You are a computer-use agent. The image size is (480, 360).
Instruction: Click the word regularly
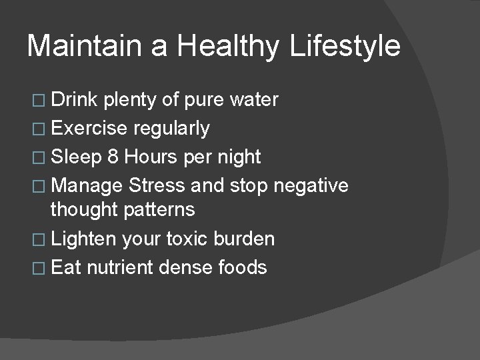coord(172,129)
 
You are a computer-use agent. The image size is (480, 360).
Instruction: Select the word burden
coord(251,239)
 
